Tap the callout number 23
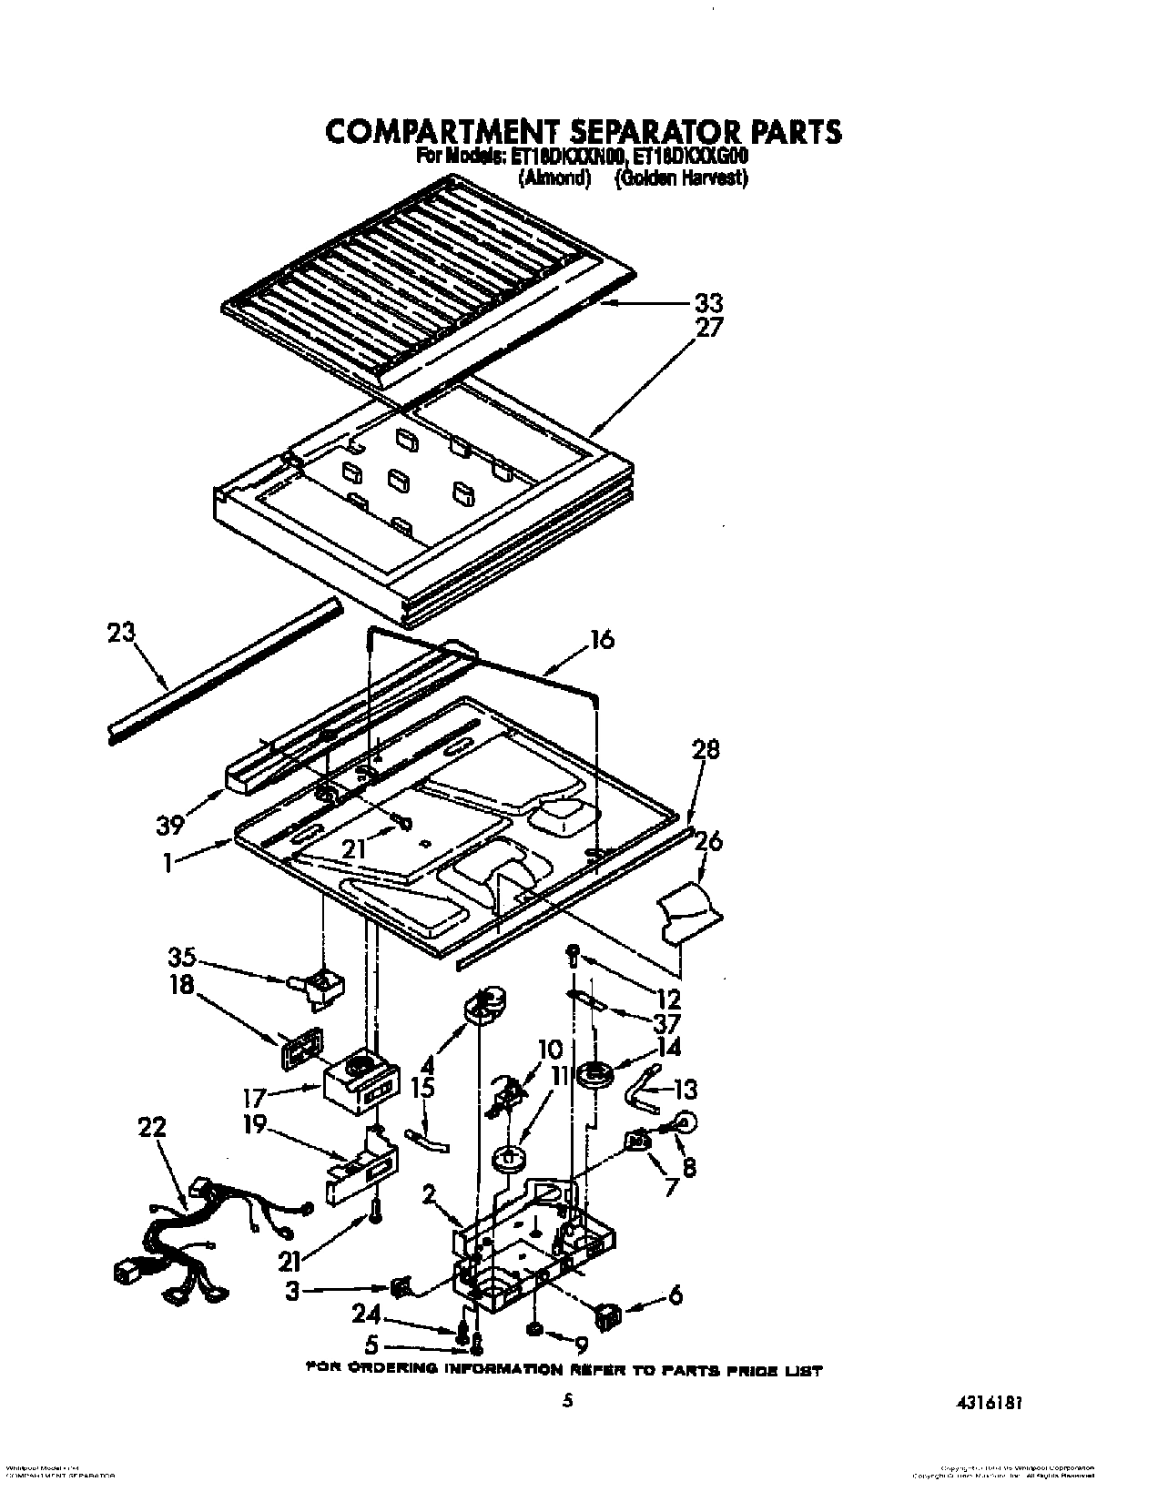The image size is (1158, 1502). click(122, 634)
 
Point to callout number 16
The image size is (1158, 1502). click(599, 640)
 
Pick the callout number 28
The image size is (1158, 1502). click(705, 749)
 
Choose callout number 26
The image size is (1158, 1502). click(708, 842)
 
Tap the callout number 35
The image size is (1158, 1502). click(185, 958)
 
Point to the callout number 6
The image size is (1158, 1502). click(674, 1295)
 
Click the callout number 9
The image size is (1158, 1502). click(581, 1344)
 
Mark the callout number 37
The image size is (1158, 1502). click(667, 1022)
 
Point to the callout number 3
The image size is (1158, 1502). click(291, 1290)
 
